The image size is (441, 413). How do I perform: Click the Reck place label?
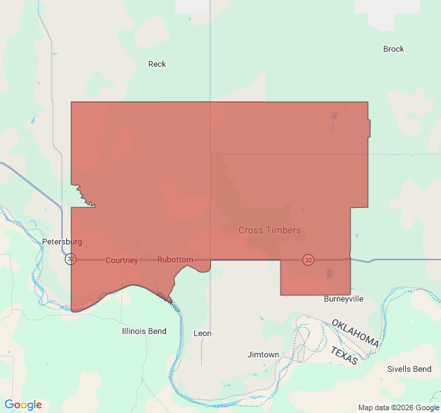[157, 64]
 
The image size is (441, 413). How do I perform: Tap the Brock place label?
[393, 49]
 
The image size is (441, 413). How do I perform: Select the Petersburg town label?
[62, 242]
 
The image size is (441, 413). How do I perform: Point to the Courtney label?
[122, 260]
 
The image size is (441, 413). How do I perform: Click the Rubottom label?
[175, 260]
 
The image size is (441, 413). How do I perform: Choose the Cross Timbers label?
[269, 230]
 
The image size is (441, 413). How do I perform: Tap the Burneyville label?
[343, 299]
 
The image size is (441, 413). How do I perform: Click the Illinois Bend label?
[144, 331]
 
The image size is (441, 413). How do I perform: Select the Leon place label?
[203, 333]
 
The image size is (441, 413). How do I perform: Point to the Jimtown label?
[263, 354]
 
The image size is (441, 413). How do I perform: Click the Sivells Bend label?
[409, 369]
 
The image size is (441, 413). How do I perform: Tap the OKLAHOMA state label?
[355, 333]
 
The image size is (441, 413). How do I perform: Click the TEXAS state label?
[344, 355]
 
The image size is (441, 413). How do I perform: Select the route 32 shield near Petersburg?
[71, 260]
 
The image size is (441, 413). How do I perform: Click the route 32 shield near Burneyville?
[308, 260]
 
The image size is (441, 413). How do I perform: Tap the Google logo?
[23, 405]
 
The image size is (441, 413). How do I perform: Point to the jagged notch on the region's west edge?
[83, 193]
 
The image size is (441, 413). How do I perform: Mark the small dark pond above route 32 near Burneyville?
[329, 273]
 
